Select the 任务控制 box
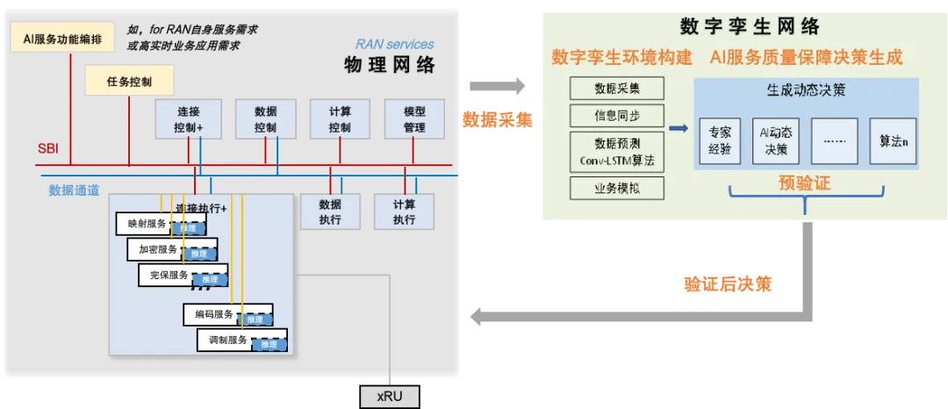[x=129, y=82]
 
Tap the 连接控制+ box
[x=190, y=119]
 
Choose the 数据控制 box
[x=265, y=119]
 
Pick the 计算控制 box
[x=340, y=119]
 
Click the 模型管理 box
[x=414, y=119]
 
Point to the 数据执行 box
[x=329, y=212]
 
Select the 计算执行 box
[x=404, y=212]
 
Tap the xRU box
[x=390, y=397]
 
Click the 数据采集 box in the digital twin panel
[x=617, y=88]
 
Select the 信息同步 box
[x=617, y=115]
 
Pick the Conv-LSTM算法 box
[x=617, y=152]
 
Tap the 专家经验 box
[x=719, y=141]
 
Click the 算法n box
[x=893, y=141]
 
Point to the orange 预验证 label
[x=804, y=183]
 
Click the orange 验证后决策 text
[x=728, y=284]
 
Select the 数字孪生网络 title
[x=750, y=26]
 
